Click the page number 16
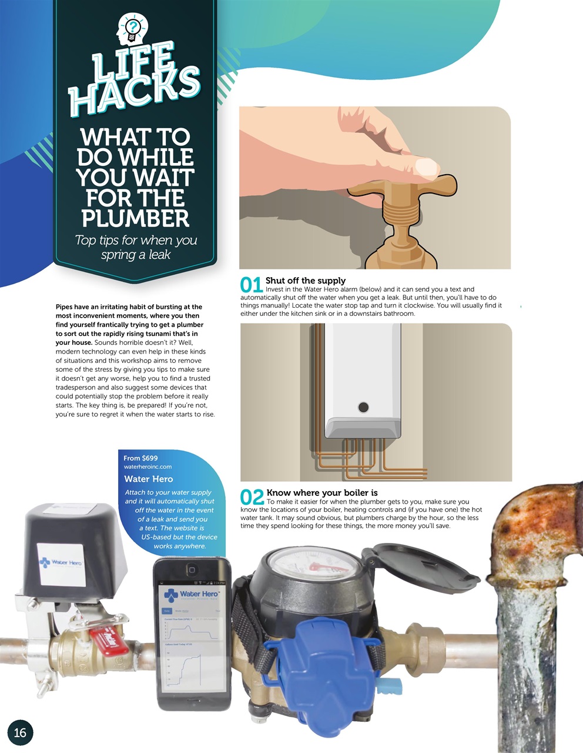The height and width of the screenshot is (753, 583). click(20, 732)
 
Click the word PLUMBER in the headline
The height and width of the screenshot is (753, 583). click(135, 218)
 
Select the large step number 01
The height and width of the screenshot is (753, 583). click(252, 285)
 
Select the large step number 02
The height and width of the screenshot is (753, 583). click(252, 497)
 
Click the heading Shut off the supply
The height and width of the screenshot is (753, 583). click(305, 281)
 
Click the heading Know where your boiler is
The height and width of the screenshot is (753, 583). click(321, 492)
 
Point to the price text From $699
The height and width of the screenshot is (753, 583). click(140, 458)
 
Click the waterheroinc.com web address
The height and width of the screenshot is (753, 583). click(148, 467)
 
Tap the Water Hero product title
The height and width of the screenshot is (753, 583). click(148, 479)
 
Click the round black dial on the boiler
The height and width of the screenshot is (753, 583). click(363, 407)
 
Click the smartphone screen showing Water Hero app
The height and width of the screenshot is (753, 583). click(192, 635)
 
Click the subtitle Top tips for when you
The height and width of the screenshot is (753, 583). click(136, 240)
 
